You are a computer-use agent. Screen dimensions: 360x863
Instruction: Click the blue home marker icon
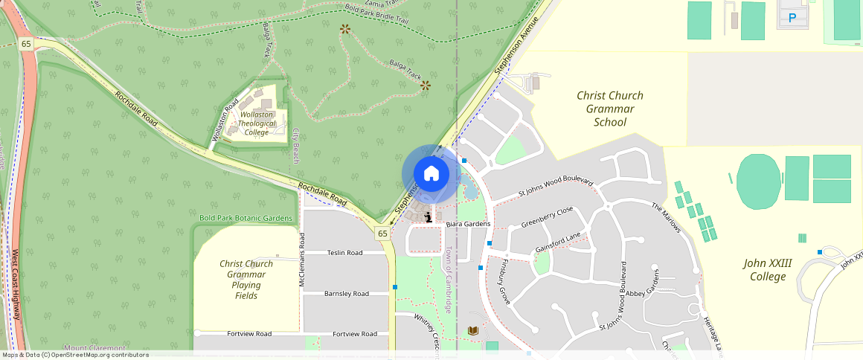coord(431,174)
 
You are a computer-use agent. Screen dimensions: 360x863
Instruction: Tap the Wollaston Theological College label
coord(257,123)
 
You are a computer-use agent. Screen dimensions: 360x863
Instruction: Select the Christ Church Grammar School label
coord(610,109)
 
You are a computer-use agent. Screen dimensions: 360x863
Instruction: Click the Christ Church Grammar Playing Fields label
coord(246,280)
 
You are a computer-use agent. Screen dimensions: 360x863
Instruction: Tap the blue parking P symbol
coord(792,18)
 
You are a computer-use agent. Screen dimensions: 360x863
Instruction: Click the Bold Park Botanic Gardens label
coord(246,218)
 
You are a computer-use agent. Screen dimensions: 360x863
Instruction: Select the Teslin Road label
coord(345,253)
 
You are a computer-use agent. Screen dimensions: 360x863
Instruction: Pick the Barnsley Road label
coord(346,294)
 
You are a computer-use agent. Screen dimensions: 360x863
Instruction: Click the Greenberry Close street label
coord(547,216)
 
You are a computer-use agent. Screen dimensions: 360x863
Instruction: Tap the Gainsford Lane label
coord(557,242)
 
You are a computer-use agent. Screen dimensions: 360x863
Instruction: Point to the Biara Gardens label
coord(469,224)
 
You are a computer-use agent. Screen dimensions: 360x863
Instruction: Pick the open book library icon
coord(473,330)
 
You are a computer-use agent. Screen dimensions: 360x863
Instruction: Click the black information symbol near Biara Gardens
coord(429,217)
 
